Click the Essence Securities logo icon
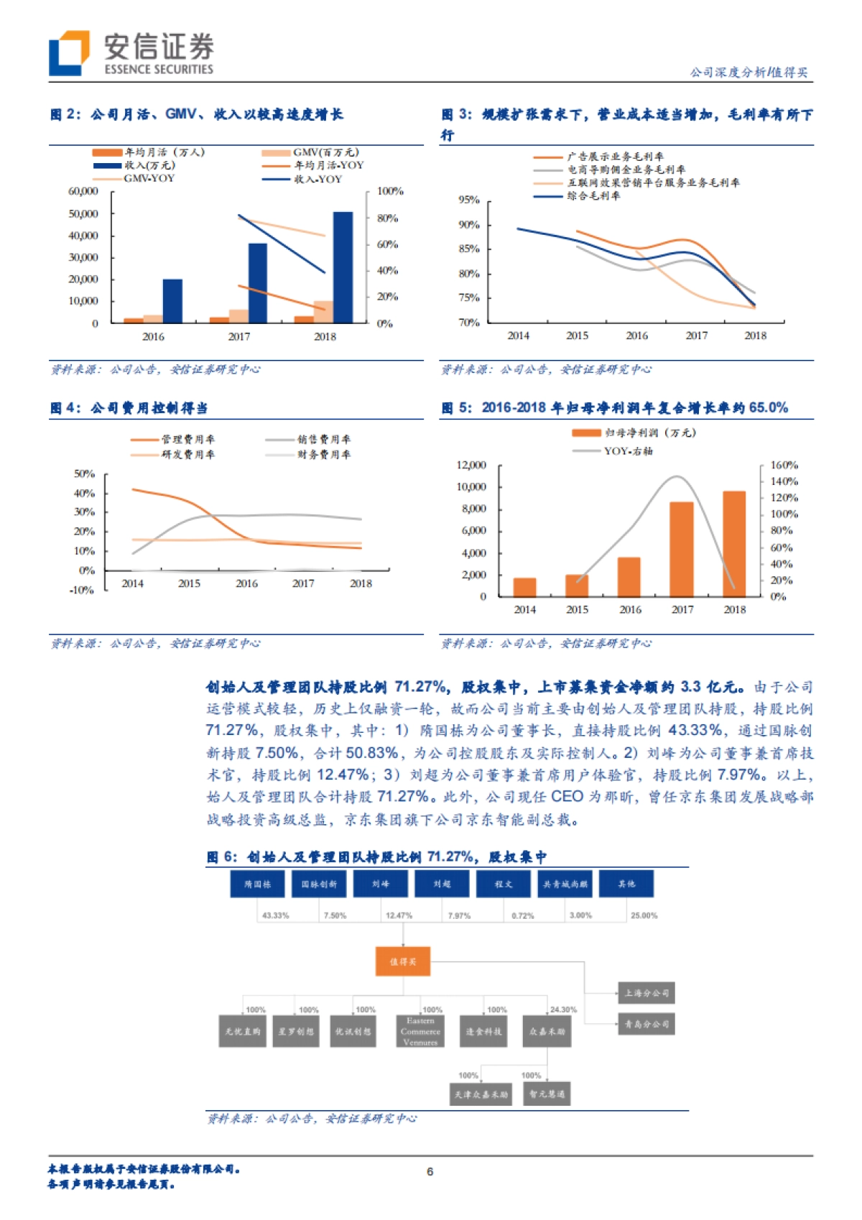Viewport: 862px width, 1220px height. pos(69,52)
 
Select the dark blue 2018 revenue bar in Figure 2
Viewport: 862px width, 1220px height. pos(343,267)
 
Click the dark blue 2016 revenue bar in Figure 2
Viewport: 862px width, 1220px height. pos(172,301)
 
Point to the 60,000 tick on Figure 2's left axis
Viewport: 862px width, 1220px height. pos(83,191)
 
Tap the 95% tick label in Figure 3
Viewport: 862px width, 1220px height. pos(469,200)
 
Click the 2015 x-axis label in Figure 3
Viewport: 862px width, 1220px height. pos(577,336)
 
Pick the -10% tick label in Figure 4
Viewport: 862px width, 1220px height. pos(82,590)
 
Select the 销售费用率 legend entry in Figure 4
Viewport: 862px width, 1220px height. pos(324,439)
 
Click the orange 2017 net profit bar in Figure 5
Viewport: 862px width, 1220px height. pos(682,549)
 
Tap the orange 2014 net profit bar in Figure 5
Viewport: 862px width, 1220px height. pos(524,587)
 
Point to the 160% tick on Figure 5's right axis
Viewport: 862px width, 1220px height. pos(784,465)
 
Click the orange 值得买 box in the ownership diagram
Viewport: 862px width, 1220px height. pos(403,961)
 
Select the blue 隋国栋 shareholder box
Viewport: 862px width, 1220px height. pos(257,884)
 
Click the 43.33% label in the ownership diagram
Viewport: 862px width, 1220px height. pos(275,915)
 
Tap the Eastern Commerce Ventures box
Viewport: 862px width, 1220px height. pos(420,1031)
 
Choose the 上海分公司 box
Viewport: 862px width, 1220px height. pos(646,993)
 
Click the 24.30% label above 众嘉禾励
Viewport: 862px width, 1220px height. pos(563,1009)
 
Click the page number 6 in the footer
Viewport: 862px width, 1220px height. pos(430,1171)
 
